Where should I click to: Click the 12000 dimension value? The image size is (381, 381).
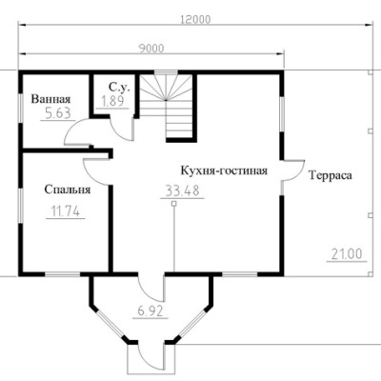(x=195, y=19)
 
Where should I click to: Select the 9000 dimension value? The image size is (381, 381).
(x=151, y=49)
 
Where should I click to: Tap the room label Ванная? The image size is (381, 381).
(x=50, y=99)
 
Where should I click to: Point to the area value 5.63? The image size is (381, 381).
(x=58, y=113)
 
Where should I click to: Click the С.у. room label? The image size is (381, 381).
(x=119, y=88)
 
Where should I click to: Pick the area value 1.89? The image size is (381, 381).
(x=112, y=101)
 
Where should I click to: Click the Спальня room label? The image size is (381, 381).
(x=68, y=190)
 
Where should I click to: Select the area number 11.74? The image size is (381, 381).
(x=65, y=211)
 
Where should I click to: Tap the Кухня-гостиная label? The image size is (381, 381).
(x=224, y=170)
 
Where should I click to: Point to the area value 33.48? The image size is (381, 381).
(x=182, y=190)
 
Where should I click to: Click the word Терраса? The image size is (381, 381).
(x=331, y=175)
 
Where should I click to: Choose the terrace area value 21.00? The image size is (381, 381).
(x=347, y=254)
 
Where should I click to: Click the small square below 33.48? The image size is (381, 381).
(x=173, y=204)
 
